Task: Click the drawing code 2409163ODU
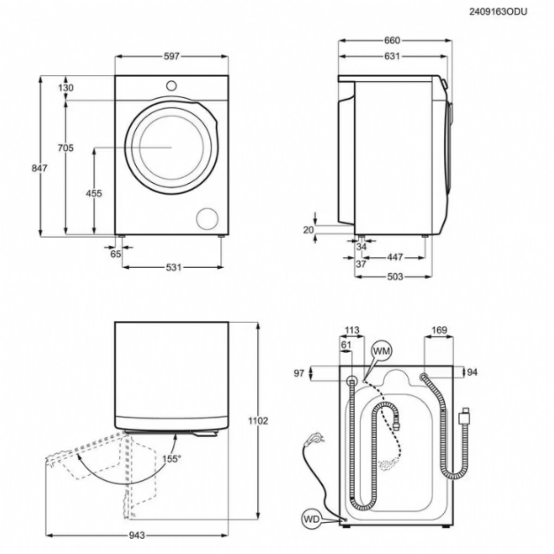pos(498,12)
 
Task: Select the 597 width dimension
pos(172,56)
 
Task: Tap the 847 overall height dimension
pos(39,168)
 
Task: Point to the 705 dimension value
pos(66,148)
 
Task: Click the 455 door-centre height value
pos(94,193)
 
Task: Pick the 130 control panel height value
pos(66,88)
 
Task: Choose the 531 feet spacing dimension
pos(174,267)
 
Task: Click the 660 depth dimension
pos(392,41)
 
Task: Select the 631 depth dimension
pos(392,56)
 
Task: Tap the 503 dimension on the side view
pos(395,277)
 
